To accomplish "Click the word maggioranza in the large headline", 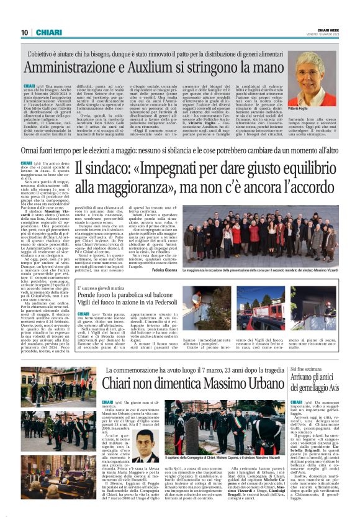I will tap(125, 191).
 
